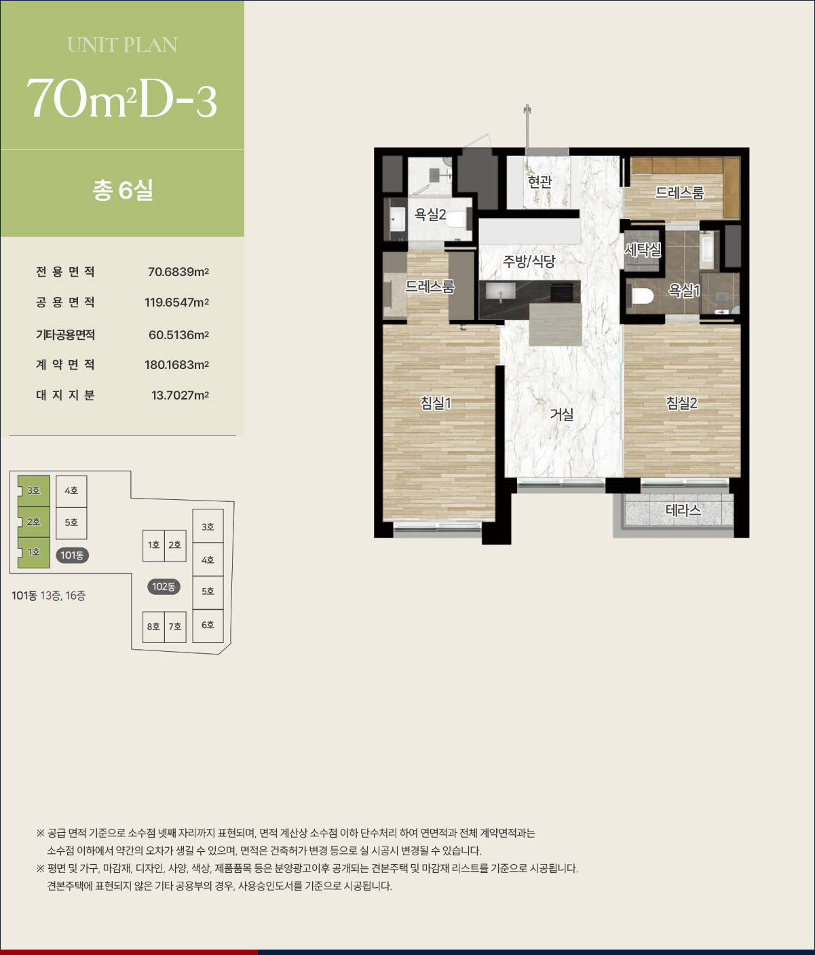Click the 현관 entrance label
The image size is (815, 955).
point(539,182)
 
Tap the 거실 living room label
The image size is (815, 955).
point(562,414)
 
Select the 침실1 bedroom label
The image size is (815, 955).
point(436,404)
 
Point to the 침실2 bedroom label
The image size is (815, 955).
point(681,404)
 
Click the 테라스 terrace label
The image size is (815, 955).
point(683,511)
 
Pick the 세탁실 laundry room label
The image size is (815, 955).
point(643,250)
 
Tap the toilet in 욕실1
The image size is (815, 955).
point(642,296)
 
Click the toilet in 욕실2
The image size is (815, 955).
point(457,219)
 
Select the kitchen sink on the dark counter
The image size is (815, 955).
point(501,292)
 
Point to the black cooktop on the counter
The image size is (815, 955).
point(562,292)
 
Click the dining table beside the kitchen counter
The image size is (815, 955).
point(555,324)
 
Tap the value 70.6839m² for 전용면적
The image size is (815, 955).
point(178,272)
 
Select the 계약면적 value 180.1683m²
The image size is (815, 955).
point(176,365)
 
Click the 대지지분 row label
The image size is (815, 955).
point(65,395)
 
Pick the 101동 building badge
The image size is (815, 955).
point(72,556)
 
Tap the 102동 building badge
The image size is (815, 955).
point(164,587)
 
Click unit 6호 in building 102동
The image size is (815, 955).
point(208,625)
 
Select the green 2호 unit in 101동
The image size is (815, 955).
point(34,522)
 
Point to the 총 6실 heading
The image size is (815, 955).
point(123,190)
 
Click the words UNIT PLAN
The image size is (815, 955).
point(122,45)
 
